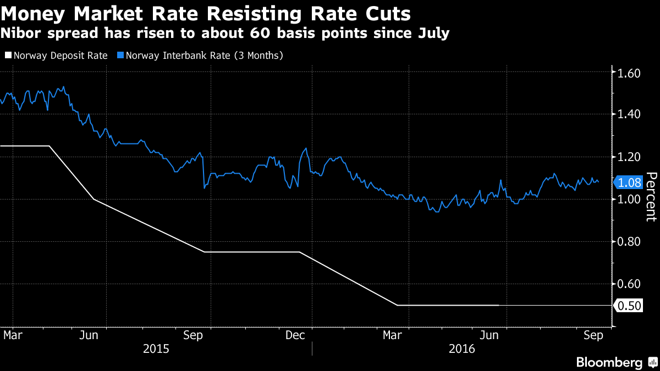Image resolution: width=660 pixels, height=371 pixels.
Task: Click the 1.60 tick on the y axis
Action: tap(629, 73)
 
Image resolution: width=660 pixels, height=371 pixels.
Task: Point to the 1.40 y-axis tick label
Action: tap(629, 114)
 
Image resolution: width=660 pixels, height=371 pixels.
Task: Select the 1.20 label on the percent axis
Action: tap(629, 157)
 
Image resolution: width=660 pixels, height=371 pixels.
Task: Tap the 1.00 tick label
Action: tap(629, 199)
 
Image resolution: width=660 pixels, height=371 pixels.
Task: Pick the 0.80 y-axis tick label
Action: tap(629, 242)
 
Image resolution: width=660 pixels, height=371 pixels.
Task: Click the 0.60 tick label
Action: tap(629, 284)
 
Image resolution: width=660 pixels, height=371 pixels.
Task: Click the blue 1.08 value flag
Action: tap(629, 182)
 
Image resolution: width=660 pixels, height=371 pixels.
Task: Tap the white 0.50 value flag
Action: tap(629, 306)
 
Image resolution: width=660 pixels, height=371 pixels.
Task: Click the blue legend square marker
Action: tap(120, 56)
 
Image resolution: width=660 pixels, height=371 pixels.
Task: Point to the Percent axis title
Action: tap(651, 196)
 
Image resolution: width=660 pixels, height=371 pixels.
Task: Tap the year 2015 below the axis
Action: tap(156, 348)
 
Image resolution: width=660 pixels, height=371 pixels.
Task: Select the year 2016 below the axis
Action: tap(463, 348)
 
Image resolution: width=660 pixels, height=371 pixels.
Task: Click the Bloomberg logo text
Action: tap(609, 363)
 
